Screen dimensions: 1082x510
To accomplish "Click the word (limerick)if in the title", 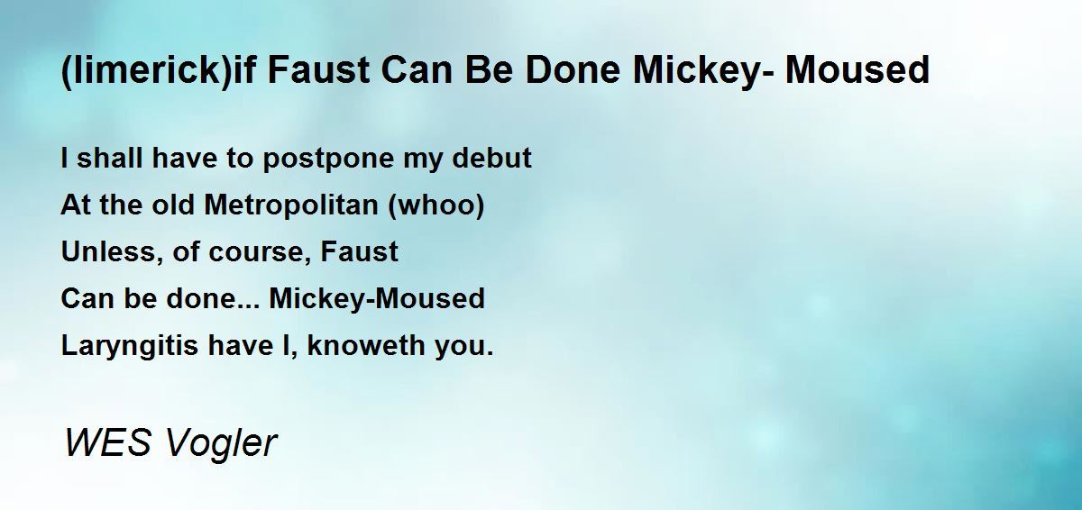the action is coord(158,70).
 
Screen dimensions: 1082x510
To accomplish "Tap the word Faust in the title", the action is coord(318,69).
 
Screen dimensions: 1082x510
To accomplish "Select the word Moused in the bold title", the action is coord(857,69).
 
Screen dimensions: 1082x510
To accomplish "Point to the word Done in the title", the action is coord(573,69).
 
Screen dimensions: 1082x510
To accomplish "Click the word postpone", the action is coord(328,159).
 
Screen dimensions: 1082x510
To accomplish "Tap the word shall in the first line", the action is coord(109,158).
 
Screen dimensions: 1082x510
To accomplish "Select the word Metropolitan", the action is coord(291,205).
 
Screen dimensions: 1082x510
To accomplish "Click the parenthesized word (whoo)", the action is coord(436,206).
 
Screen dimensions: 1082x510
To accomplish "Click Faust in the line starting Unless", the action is coord(359,251).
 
